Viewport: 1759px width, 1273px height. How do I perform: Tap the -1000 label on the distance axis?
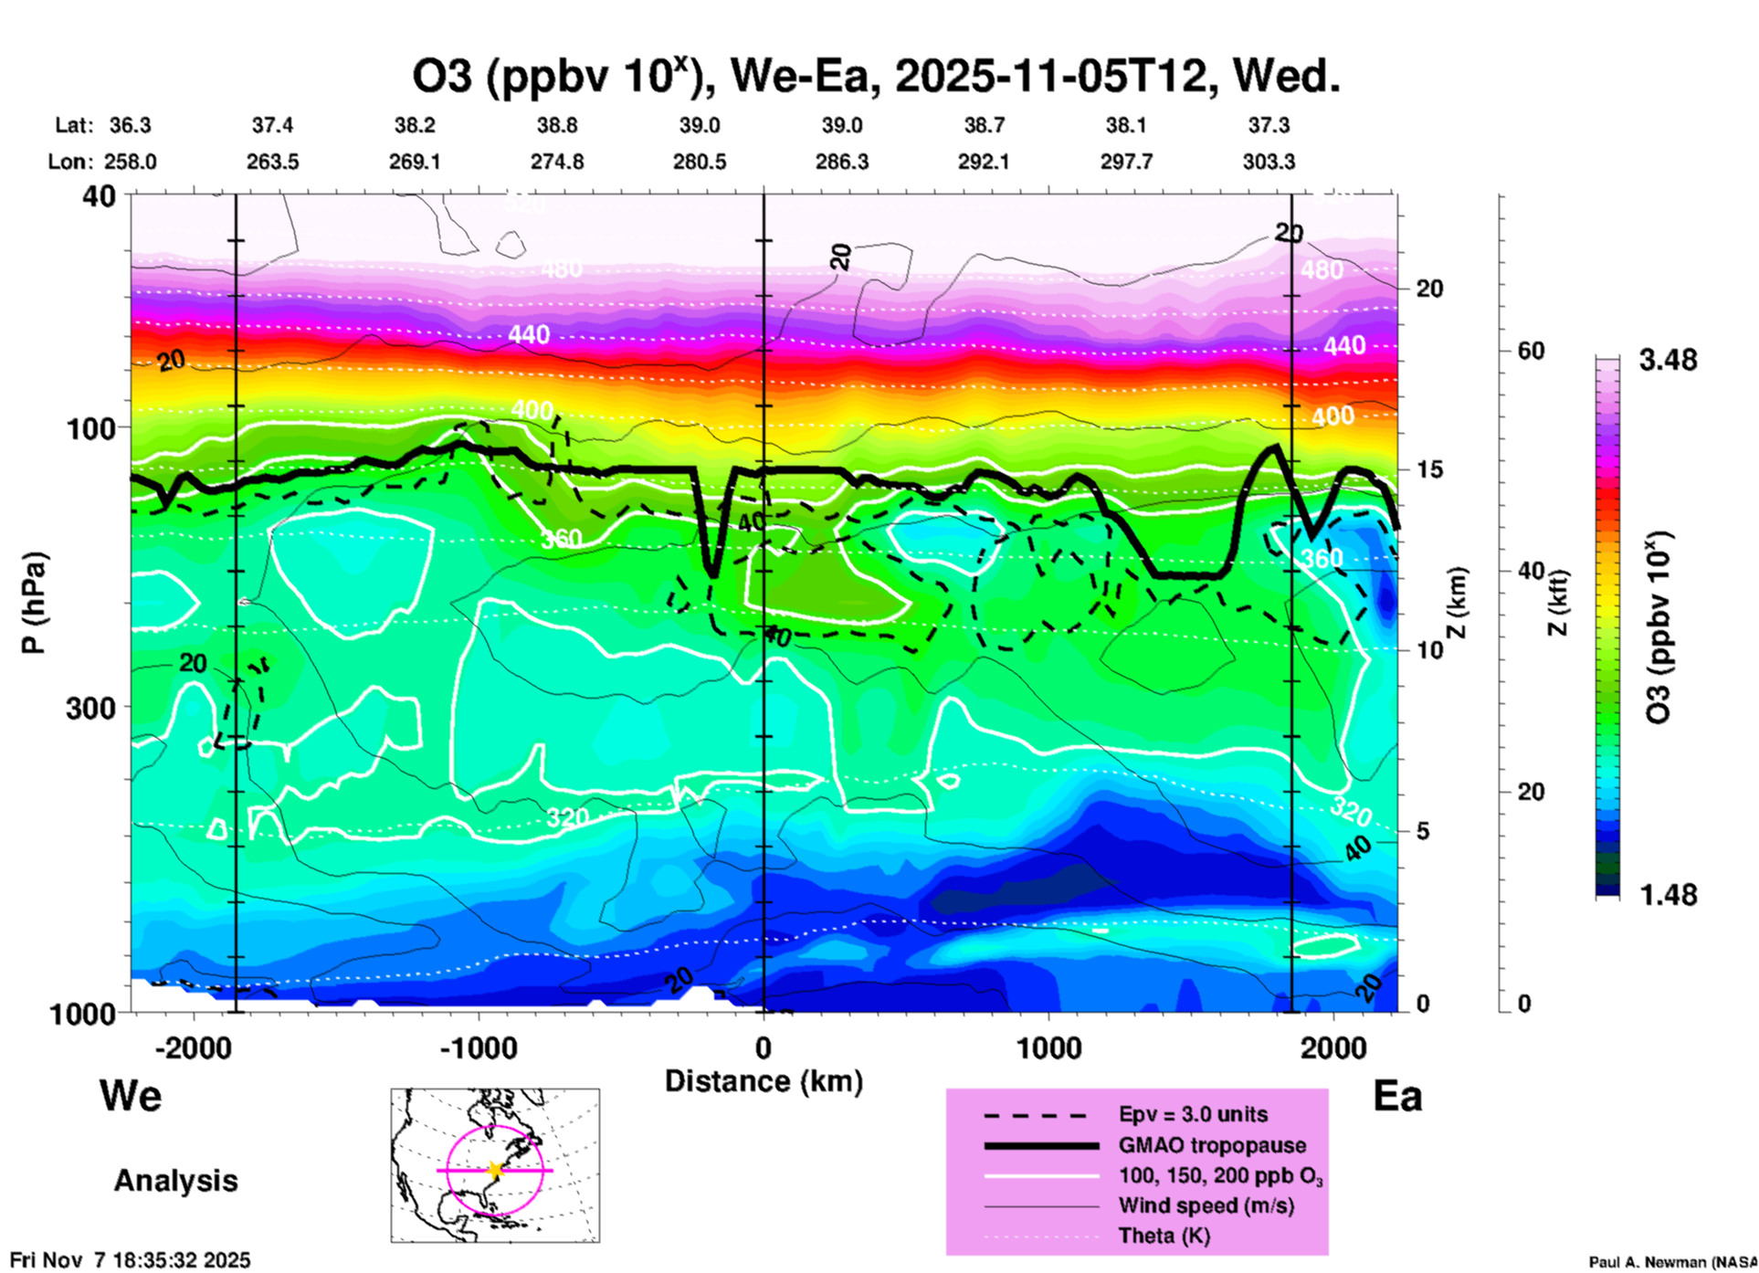479,1048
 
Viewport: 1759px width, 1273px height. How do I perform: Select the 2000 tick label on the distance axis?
1333,1048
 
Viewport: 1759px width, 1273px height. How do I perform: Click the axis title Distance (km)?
764,1081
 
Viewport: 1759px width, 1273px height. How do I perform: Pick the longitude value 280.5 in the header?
700,162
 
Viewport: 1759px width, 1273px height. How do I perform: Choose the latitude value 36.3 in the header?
130,125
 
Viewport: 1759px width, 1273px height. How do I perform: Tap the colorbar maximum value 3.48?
1668,361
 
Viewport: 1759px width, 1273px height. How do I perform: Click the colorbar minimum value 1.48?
1668,895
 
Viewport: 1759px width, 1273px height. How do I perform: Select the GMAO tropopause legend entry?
1212,1145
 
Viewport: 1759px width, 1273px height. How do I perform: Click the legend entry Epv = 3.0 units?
1193,1114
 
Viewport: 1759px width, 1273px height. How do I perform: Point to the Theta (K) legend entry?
1164,1236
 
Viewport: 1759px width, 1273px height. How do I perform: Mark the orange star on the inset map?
495,1170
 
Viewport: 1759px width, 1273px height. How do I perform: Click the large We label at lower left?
131,1095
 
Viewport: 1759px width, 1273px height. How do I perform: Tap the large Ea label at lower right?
1397,1097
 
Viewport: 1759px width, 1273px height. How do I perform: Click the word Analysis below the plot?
175,1181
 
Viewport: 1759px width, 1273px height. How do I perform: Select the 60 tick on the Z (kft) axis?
1531,352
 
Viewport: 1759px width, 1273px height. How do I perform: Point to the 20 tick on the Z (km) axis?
1429,289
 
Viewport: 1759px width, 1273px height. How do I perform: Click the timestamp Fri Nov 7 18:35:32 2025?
130,1260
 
